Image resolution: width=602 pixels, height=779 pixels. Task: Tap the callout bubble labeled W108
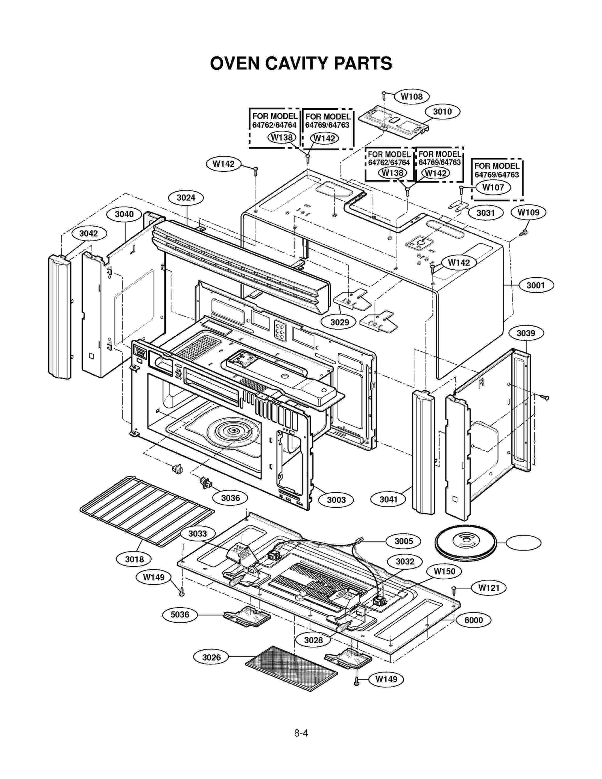(411, 97)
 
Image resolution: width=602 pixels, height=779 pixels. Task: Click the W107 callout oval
(493, 187)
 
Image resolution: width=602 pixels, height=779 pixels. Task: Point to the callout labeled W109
(528, 212)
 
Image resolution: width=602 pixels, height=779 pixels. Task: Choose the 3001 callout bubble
(536, 285)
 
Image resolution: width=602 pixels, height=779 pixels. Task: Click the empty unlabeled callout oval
(523, 543)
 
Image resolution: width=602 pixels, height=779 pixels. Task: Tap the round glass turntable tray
(465, 543)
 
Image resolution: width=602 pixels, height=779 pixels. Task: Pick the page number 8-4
(301, 733)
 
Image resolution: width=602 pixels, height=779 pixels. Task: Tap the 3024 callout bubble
(186, 198)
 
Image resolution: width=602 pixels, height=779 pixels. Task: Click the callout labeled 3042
(89, 233)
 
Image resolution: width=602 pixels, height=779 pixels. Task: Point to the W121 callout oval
(488, 588)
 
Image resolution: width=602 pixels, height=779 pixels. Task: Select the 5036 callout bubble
(180, 614)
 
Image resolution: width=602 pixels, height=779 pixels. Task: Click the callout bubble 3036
(230, 498)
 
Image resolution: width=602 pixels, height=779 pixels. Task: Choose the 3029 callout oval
(339, 322)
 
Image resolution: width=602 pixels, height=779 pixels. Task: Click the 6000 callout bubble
(473, 620)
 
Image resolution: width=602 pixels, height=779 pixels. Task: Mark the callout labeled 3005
(403, 541)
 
